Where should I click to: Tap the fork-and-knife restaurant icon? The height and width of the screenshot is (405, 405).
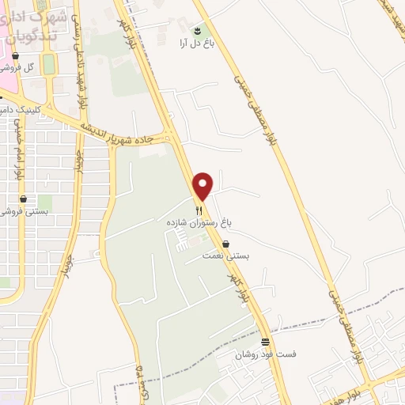199,211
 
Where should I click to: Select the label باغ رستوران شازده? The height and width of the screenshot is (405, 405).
199,224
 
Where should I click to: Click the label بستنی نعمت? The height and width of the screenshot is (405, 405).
227,256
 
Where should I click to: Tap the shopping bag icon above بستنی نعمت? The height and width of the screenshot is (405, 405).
227,244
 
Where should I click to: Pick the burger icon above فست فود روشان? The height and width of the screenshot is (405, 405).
265,343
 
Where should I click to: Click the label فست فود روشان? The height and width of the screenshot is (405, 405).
265,355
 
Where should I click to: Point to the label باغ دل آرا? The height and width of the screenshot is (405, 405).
197,44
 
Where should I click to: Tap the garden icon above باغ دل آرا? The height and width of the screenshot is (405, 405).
198,30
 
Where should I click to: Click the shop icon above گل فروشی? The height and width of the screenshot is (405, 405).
15,55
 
